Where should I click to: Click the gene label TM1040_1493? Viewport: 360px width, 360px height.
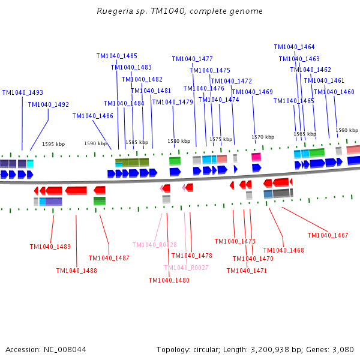[23, 93]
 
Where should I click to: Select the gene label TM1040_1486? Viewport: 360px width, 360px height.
[93, 116]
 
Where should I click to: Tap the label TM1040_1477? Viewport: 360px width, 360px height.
[192, 59]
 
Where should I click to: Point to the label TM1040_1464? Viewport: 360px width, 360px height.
[294, 47]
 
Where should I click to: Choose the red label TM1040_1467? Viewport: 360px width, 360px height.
[328, 235]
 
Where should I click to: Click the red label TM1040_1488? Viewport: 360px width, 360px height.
[77, 271]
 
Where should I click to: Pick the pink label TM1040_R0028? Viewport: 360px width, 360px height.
[154, 245]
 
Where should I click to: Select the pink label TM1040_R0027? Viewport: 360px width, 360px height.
[186, 268]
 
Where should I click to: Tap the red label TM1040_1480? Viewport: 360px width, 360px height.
[169, 280]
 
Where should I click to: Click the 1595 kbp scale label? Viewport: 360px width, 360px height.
[53, 144]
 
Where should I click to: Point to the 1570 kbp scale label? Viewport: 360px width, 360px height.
[263, 137]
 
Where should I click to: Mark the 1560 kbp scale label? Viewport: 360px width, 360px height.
[347, 130]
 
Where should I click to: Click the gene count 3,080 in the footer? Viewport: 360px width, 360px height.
[343, 349]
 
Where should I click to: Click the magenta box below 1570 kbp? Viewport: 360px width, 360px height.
[256, 157]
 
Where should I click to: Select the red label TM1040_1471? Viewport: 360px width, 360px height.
[247, 271]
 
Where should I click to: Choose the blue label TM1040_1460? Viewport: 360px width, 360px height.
[334, 92]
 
